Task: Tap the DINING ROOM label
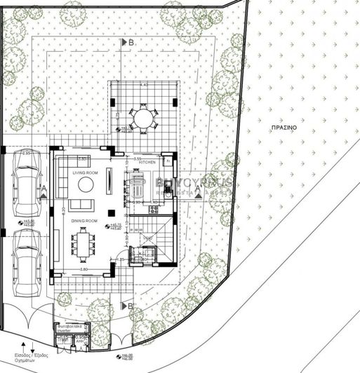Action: coord(85,221)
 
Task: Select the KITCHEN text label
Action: coord(147,162)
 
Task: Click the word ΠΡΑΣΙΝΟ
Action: coord(284,129)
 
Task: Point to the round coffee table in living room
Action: coord(86,185)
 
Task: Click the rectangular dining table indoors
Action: coord(86,244)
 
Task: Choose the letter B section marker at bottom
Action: coord(130,306)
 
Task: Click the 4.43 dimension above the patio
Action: coord(144,85)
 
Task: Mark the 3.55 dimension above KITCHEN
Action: coord(138,157)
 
